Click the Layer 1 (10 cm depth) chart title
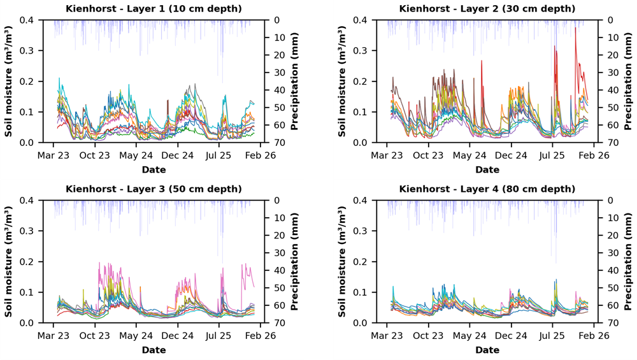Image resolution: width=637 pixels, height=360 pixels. coord(154,8)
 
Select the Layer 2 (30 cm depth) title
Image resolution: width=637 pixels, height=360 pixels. coord(487,8)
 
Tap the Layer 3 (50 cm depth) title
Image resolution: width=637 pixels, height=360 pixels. coord(154,189)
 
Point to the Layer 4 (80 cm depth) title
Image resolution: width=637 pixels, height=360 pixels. coord(487,189)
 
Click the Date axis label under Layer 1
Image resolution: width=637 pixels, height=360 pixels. coord(154,169)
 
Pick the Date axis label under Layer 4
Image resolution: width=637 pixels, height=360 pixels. coord(487,350)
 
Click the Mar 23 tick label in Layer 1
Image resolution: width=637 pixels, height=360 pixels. coord(54,155)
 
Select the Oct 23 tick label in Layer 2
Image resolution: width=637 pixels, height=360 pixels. coord(428,155)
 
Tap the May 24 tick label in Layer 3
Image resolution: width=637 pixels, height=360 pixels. coord(136,336)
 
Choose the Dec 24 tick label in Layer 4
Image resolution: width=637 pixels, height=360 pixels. coord(511,336)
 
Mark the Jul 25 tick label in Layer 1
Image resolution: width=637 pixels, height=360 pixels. coord(218,155)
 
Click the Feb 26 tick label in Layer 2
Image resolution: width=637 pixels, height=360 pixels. coord(594,155)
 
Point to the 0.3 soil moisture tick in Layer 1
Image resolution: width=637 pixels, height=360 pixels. coord(31,51)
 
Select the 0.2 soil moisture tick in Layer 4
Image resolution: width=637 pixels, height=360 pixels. coord(365,262)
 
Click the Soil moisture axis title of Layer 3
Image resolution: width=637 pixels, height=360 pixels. coord(8,262)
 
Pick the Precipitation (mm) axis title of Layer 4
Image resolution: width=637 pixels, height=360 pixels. coord(628,262)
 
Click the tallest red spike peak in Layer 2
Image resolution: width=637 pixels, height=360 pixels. coord(575,27)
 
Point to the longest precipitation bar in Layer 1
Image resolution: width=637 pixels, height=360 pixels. coord(222,52)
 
